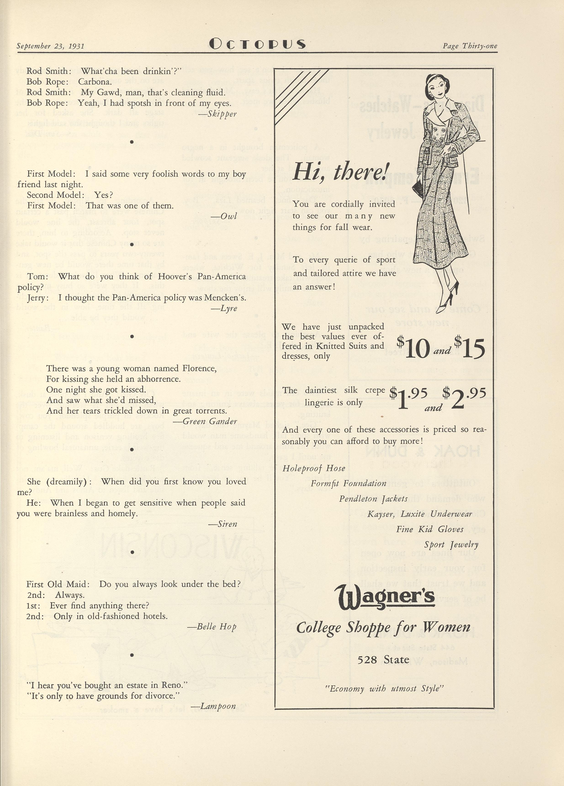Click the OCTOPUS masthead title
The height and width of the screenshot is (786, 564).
coord(257,44)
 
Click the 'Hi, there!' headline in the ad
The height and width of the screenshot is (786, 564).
coord(341,172)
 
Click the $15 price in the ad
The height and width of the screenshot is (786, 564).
coord(470,348)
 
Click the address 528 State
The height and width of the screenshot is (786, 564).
coord(383,659)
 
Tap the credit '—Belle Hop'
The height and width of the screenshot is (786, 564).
coord(212,627)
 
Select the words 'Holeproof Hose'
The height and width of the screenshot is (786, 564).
coord(314,468)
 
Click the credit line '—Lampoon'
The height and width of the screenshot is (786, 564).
coord(213,706)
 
